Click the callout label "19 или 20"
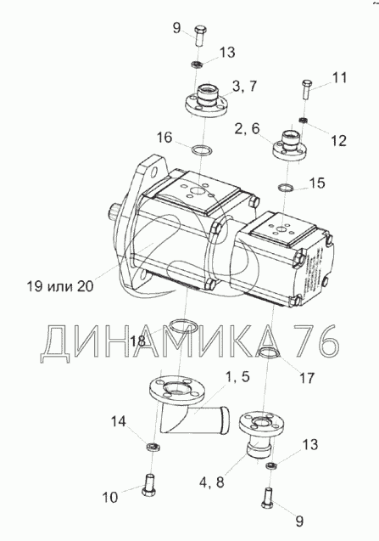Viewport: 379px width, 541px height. click(60, 286)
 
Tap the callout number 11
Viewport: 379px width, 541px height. click(339, 77)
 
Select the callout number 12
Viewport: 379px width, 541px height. click(338, 141)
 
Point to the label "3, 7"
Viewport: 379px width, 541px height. click(245, 86)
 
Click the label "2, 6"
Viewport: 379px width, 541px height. click(247, 129)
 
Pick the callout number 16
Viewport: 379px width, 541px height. click(164, 138)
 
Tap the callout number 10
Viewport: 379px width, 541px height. click(110, 497)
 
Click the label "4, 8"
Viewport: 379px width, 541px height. click(212, 482)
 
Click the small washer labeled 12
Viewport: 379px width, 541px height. click(303, 120)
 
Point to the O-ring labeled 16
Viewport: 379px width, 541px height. click(201, 150)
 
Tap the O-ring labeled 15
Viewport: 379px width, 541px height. click(286, 188)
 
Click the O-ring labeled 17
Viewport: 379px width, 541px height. click(270, 352)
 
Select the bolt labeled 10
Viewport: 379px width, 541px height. click(149, 485)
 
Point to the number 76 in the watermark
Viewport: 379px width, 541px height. click(315, 341)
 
